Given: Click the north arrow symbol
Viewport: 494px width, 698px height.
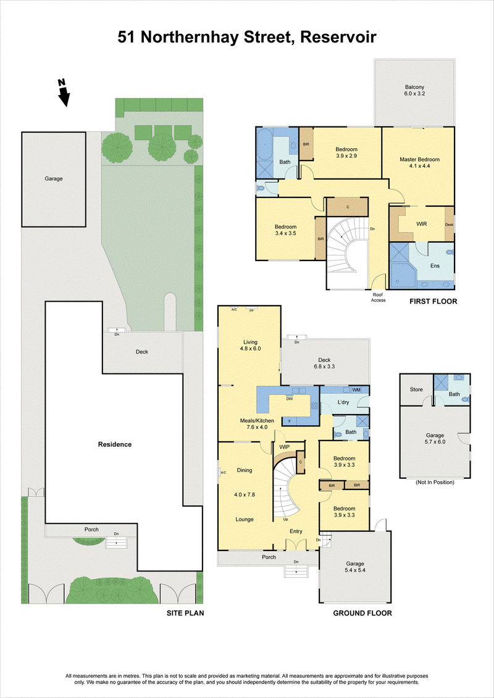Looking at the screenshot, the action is (64, 93).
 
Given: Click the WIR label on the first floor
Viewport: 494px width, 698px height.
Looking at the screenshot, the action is (421, 224).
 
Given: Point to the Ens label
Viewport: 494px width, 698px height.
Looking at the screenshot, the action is (435, 266).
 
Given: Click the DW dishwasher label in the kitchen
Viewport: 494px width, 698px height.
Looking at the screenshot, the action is (289, 399).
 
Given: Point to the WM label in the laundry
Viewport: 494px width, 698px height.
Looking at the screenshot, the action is (356, 390).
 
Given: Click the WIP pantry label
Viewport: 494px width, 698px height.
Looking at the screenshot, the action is (284, 446).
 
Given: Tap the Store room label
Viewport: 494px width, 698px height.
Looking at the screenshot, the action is (416, 390).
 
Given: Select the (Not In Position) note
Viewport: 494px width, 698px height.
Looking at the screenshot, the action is (435, 482).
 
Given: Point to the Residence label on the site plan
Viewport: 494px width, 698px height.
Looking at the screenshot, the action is (115, 444).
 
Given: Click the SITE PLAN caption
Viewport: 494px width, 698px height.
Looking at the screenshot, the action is (185, 613).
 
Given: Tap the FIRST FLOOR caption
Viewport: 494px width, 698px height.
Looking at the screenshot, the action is (433, 301).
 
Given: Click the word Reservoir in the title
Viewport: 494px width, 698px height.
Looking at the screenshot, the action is (338, 38).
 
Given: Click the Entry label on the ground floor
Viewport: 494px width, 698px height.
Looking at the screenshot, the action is (296, 531).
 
